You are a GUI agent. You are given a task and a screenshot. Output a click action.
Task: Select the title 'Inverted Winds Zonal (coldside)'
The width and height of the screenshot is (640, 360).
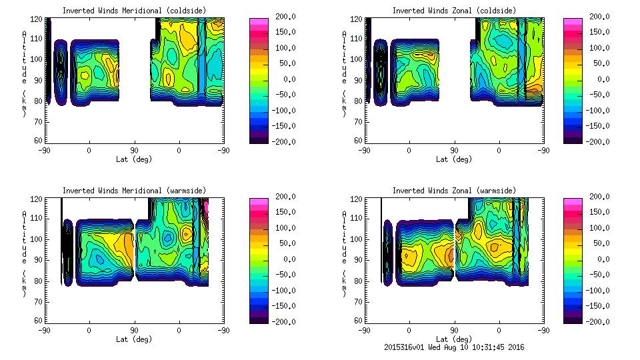click(454, 10)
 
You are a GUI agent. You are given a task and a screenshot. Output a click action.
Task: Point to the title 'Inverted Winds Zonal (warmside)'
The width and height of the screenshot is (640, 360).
click(454, 191)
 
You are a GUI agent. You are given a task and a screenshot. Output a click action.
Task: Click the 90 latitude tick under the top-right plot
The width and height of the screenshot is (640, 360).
click(454, 150)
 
